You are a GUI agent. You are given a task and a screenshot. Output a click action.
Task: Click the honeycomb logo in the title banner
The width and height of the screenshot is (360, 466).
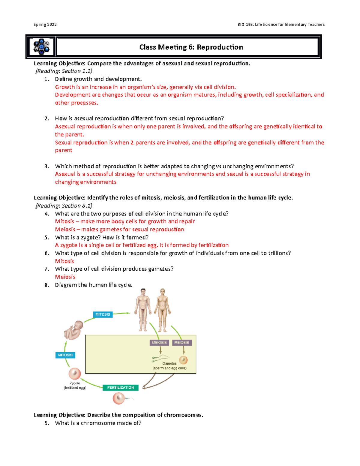(41, 47)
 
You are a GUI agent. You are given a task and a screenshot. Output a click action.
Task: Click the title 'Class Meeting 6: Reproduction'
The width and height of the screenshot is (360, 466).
(191, 47)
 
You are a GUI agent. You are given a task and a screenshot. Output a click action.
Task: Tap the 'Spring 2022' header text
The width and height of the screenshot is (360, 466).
(45, 24)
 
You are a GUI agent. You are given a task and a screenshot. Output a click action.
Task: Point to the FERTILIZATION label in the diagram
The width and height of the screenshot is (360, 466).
(121, 388)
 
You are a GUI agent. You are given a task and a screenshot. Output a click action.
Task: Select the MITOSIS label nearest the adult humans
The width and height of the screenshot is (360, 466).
(103, 314)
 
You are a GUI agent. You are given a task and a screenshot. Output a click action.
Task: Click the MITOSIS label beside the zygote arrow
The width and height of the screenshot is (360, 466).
(65, 355)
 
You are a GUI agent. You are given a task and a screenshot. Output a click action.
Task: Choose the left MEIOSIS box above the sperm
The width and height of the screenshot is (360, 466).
(159, 342)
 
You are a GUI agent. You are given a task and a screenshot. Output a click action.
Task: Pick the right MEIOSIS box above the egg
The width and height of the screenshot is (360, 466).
(181, 342)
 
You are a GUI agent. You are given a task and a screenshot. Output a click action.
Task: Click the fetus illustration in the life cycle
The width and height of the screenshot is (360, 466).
(73, 330)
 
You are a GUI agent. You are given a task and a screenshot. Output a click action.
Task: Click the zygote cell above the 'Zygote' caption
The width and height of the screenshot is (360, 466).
(75, 374)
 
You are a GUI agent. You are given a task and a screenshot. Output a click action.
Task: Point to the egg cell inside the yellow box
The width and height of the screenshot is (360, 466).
(183, 360)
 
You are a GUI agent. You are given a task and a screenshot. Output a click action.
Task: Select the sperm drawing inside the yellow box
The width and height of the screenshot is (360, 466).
(160, 357)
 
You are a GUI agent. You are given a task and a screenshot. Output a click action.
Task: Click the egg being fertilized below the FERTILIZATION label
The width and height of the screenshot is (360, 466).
(118, 398)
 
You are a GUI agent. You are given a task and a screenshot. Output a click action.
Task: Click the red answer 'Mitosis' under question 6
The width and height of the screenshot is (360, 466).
(64, 261)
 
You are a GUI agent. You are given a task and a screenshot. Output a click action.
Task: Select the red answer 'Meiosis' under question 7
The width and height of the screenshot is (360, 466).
(65, 277)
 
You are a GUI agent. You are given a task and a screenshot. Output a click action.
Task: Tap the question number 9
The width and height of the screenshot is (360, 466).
(46, 423)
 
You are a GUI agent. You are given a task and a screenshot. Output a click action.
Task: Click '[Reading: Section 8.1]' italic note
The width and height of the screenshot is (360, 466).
(64, 206)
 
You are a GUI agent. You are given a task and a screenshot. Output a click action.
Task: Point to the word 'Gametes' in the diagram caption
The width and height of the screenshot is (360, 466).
(169, 363)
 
